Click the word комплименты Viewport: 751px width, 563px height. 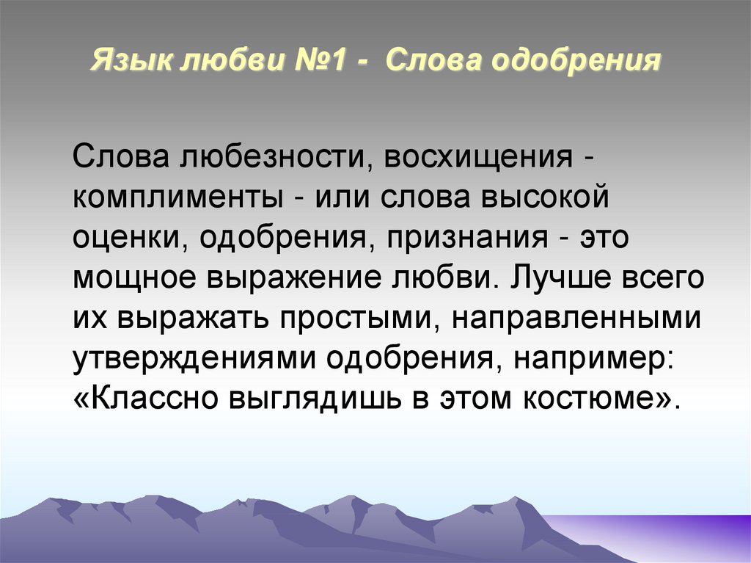(177, 197)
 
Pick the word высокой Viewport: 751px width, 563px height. (544, 197)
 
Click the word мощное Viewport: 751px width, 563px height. (135, 279)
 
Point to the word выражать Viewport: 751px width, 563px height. (191, 319)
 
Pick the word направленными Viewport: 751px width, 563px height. (576, 319)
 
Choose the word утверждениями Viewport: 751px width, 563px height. (194, 359)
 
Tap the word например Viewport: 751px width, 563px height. (594, 360)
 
